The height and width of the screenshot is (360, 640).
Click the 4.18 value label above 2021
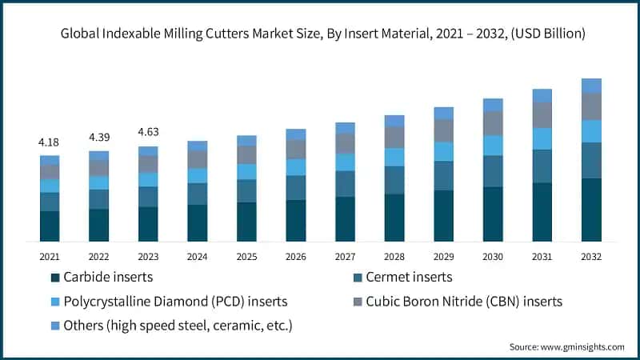pyautogui.click(x=50, y=142)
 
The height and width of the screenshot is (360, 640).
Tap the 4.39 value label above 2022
pyautogui.click(x=98, y=137)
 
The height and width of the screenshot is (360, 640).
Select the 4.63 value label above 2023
pyautogui.click(x=148, y=132)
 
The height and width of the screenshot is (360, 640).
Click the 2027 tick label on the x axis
pyautogui.click(x=345, y=256)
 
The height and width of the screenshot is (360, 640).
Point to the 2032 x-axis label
pyautogui.click(x=591, y=256)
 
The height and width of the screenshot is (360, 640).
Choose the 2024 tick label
pyautogui.click(x=197, y=256)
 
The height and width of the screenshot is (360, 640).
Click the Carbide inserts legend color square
pyautogui.click(x=54, y=278)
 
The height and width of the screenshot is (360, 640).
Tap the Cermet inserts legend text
pyautogui.click(x=410, y=278)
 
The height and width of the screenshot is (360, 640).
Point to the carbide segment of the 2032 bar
pyautogui.click(x=591, y=210)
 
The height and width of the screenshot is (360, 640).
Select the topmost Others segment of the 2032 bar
pyautogui.click(x=591, y=86)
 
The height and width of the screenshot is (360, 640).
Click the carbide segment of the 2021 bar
pyautogui.click(x=50, y=226)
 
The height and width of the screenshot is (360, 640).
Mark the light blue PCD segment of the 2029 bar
pyautogui.click(x=443, y=151)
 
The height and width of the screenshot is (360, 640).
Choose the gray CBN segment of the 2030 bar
pyautogui.click(x=493, y=123)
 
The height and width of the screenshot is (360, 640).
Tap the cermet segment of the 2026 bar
pyautogui.click(x=296, y=187)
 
